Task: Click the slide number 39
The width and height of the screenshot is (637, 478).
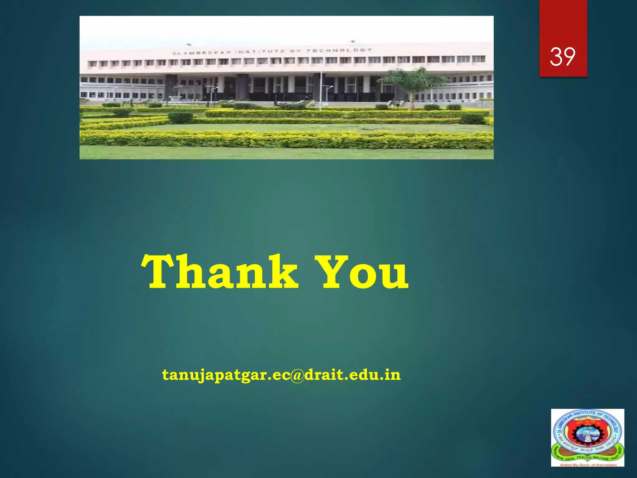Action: pyautogui.click(x=563, y=57)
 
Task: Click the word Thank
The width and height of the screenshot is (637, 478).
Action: pyautogui.click(x=220, y=272)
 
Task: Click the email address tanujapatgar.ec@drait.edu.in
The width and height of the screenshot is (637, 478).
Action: pyautogui.click(x=281, y=375)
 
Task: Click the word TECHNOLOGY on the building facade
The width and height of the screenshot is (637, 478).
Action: pyautogui.click(x=339, y=50)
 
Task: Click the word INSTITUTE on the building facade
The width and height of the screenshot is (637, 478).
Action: pyautogui.click(x=260, y=52)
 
